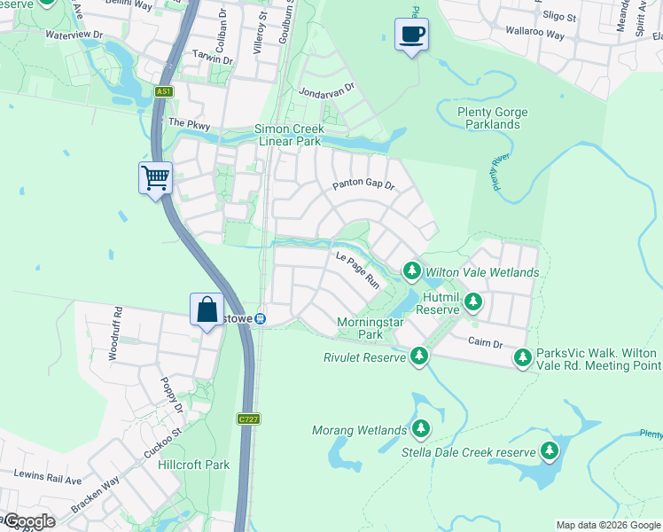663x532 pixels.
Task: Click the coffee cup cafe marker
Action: pos(411,35)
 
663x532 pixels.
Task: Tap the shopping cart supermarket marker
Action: pos(155,178)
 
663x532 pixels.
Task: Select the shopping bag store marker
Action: pos(207,310)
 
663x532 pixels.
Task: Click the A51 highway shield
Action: pos(162,91)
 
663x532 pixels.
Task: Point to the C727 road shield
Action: pos(248,418)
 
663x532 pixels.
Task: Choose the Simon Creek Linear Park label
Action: pos(287,135)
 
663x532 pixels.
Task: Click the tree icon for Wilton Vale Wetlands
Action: pos(411,270)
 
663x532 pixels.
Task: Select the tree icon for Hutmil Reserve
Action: pos(473,301)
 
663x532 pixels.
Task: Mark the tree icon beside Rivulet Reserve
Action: pos(419,356)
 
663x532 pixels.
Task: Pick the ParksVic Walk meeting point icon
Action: pos(523,357)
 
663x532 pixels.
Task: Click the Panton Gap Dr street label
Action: pos(363,185)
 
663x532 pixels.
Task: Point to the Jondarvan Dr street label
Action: pos(326,90)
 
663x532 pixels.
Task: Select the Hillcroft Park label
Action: pos(193,465)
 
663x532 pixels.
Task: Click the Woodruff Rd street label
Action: pos(114,332)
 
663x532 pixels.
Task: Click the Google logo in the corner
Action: pos(28,521)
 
